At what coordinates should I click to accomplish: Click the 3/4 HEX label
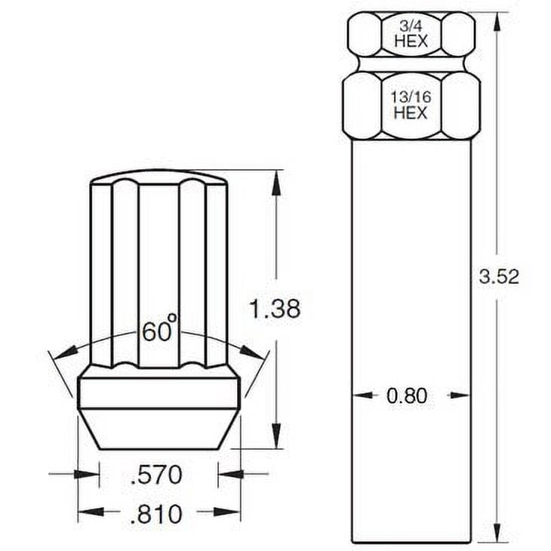click(x=411, y=34)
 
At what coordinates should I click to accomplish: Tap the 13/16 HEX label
click(x=411, y=105)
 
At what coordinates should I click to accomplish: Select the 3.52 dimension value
click(x=499, y=276)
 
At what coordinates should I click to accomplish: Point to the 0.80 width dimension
click(x=407, y=396)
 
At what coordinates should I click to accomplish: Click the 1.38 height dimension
click(x=275, y=309)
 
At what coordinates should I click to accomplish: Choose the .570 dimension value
click(x=156, y=475)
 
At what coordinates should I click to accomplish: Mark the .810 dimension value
click(x=156, y=514)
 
